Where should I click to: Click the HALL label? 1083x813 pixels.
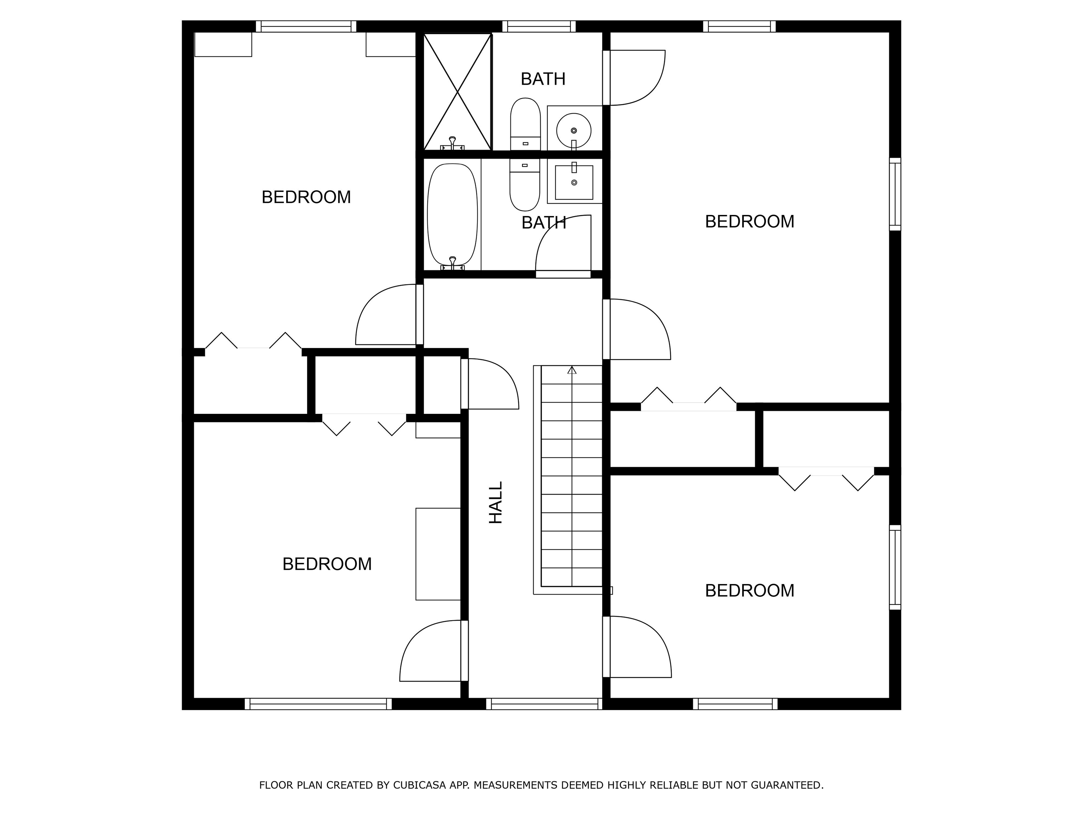click(x=496, y=502)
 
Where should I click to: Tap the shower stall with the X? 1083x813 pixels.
click(x=457, y=92)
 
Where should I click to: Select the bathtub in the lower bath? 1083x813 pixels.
click(x=452, y=214)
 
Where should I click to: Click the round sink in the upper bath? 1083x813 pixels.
click(x=573, y=130)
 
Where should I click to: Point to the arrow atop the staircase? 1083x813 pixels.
click(x=572, y=370)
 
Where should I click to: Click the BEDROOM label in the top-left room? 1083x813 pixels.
click(x=306, y=197)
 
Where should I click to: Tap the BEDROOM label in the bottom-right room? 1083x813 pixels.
click(x=749, y=590)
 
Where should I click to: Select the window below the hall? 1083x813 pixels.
click(x=544, y=704)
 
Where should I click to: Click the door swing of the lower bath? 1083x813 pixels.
click(x=563, y=245)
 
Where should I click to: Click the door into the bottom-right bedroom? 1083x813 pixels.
click(x=636, y=647)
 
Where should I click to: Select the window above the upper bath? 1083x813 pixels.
click(x=539, y=26)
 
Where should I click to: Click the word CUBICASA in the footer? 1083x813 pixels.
click(x=419, y=785)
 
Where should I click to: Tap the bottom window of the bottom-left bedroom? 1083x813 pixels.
click(x=318, y=704)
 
